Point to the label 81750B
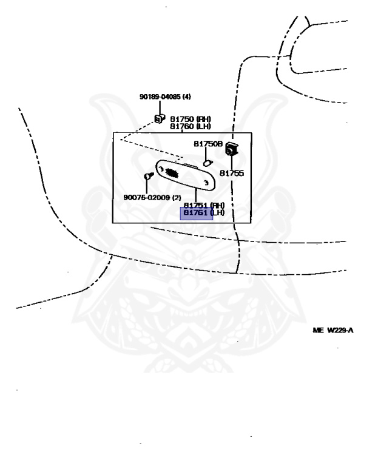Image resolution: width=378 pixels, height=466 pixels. pyautogui.click(x=208, y=144)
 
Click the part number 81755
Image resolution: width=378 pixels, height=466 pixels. pyautogui.click(x=231, y=173)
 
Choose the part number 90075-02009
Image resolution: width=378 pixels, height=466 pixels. pyautogui.click(x=144, y=197)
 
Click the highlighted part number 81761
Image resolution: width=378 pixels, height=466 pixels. pyautogui.click(x=196, y=213)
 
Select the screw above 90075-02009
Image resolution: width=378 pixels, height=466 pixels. pyautogui.click(x=147, y=176)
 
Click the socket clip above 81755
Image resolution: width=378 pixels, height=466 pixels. pyautogui.click(x=231, y=148)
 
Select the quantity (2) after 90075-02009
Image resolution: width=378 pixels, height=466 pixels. pyautogui.click(x=177, y=197)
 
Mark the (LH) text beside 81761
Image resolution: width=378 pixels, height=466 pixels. pyautogui.click(x=217, y=213)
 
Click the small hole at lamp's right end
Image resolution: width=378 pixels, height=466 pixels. pyautogui.click(x=206, y=181)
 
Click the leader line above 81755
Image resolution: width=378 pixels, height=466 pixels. pyautogui.click(x=232, y=162)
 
